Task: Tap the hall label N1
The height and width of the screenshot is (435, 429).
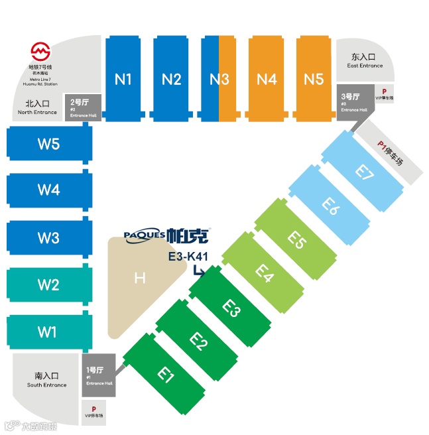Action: pyautogui.click(x=123, y=80)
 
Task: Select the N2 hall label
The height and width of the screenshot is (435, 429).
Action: pyautogui.click(x=171, y=80)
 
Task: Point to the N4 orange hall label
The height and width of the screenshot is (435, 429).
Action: pyautogui.click(x=266, y=80)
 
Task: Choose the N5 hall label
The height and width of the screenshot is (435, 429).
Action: pyautogui.click(x=314, y=80)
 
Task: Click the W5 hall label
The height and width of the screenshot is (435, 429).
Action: pyautogui.click(x=48, y=143)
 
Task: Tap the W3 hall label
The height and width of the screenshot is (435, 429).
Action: pyautogui.click(x=48, y=237)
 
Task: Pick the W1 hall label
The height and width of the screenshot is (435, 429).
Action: pyautogui.click(x=48, y=330)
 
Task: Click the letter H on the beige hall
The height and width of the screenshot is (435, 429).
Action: pyautogui.click(x=139, y=278)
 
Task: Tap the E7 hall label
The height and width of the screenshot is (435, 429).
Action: pyautogui.click(x=364, y=171)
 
